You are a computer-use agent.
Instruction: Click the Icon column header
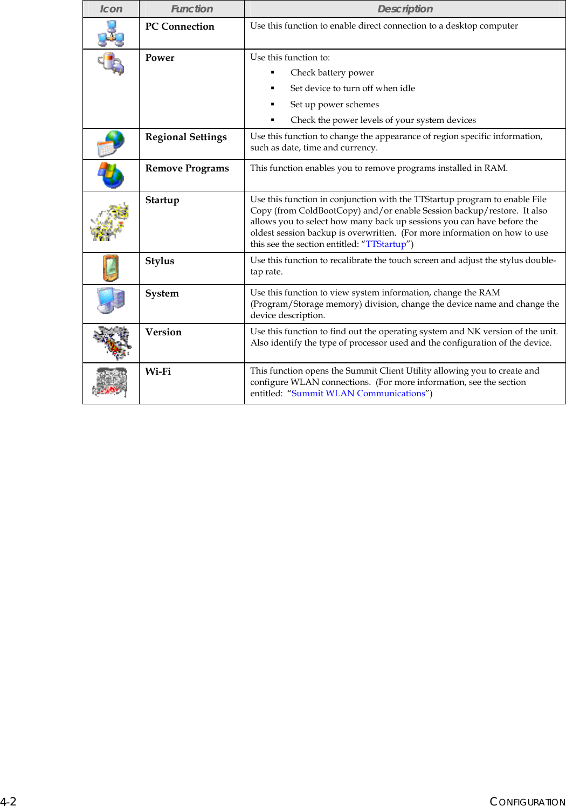point(111,9)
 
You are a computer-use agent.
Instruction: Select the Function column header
point(192,9)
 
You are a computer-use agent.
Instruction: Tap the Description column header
point(405,9)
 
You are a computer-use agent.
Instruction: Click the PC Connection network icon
point(111,33)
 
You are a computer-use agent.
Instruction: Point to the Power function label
point(160,58)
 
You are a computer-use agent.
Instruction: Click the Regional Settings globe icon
point(111,144)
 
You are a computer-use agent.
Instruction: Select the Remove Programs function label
point(187,168)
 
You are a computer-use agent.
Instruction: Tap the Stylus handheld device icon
point(111,268)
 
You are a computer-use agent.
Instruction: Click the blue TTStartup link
point(386,244)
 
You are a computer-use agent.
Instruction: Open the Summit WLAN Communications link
point(358,393)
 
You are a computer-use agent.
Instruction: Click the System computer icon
point(111,300)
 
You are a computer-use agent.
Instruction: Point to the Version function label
point(163,332)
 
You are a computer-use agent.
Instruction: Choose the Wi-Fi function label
point(158,371)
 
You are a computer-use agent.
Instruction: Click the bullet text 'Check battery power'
point(332,72)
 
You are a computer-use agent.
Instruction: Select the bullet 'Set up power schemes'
point(334,104)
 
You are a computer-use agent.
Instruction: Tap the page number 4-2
point(8,801)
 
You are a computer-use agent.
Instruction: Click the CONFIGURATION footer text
point(527,802)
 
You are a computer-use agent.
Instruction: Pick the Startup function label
point(162,200)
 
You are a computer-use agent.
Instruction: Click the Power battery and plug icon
point(111,64)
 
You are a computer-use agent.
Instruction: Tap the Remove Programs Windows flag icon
point(111,175)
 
